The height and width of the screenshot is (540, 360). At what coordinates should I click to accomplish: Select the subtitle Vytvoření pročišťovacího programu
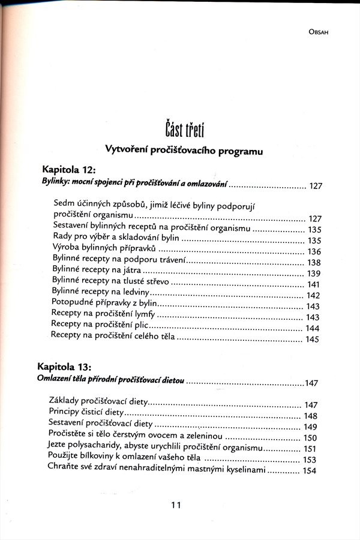point(184,151)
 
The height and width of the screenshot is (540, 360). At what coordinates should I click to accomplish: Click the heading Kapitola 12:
point(71,169)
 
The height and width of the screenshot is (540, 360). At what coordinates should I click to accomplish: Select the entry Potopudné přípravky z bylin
point(104,304)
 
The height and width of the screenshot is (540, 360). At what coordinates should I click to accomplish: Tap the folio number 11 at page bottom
point(176,505)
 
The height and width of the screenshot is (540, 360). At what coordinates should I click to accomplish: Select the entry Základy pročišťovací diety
point(98,404)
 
